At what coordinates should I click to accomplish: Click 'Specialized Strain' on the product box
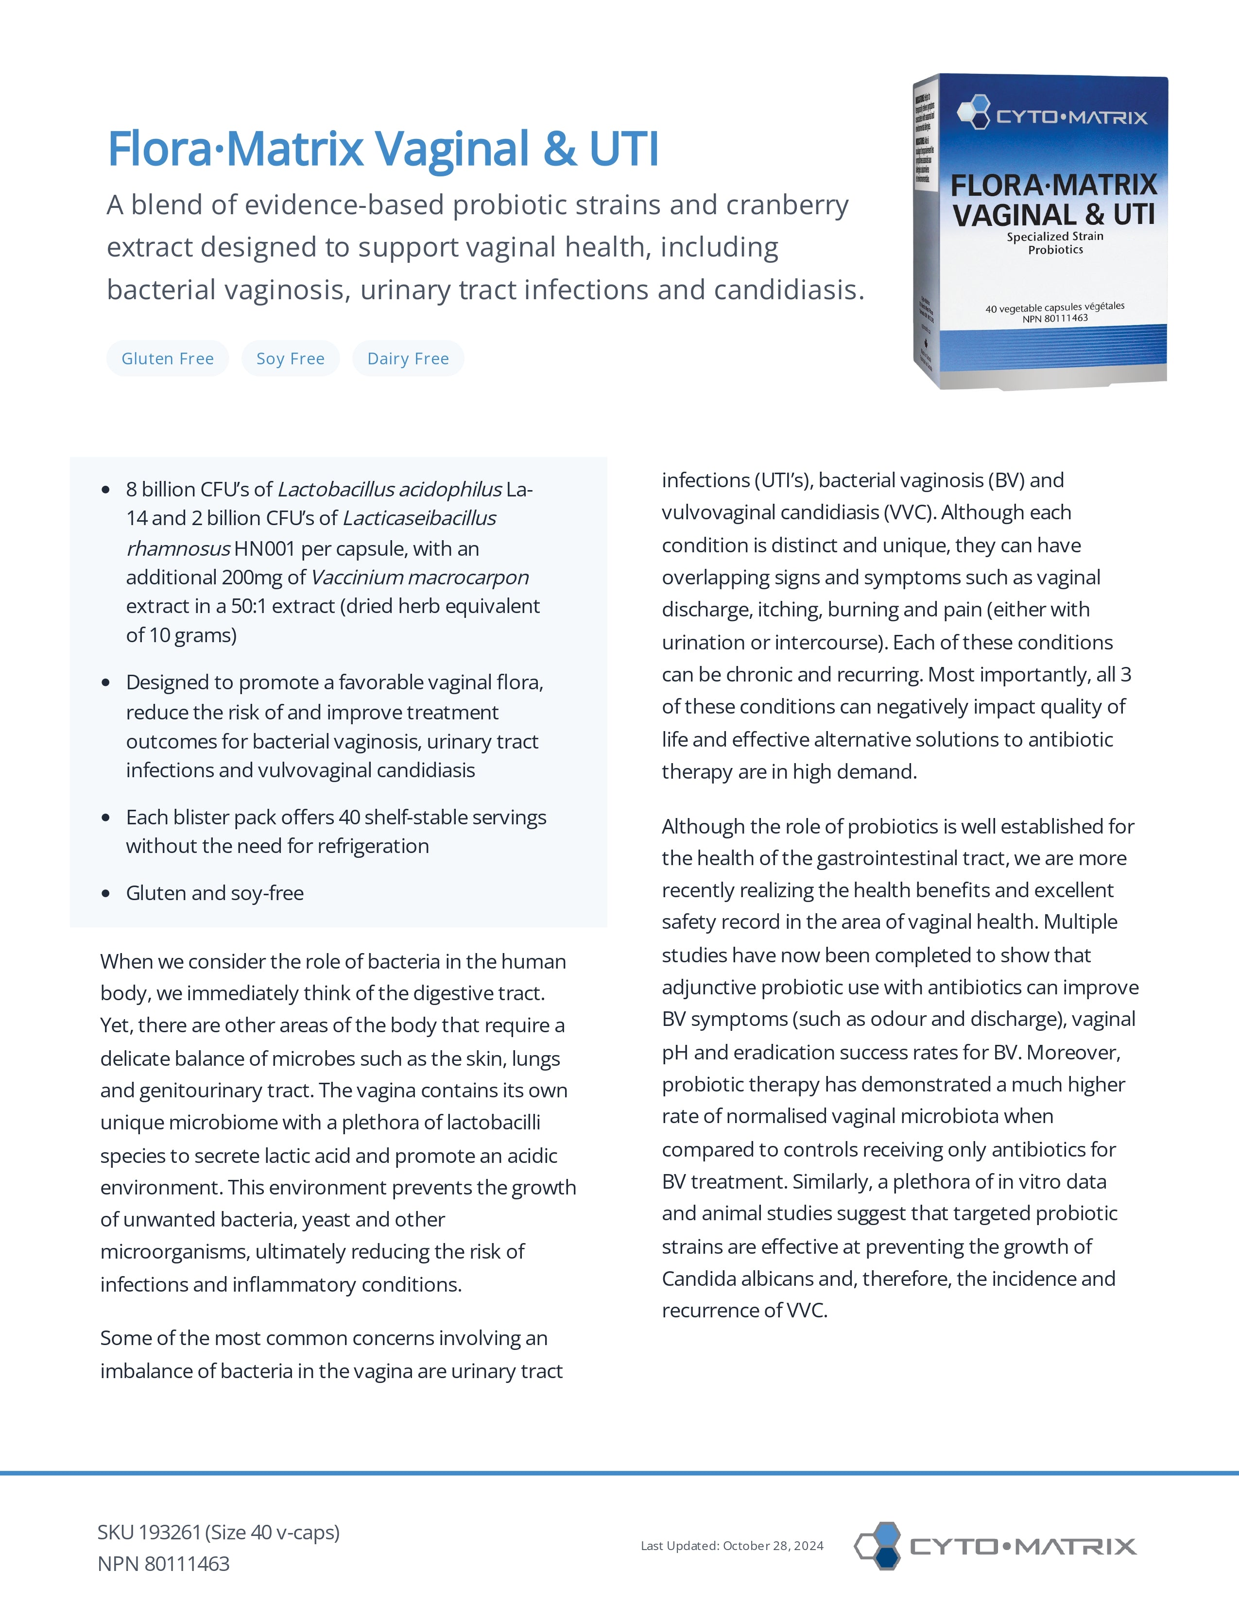tap(1055, 237)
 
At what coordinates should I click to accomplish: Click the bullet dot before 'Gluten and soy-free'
tap(106, 893)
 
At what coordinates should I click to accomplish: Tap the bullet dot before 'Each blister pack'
tap(106, 818)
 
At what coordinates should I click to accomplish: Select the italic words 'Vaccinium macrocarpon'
tap(420, 578)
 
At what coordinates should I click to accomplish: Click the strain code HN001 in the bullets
tap(264, 549)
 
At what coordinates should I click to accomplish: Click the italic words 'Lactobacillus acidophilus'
tap(389, 490)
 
